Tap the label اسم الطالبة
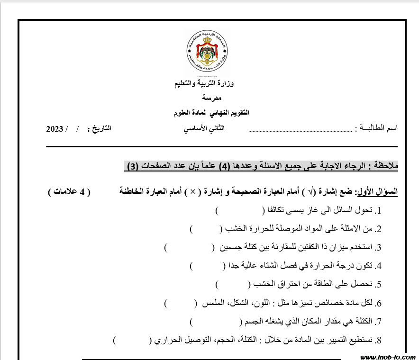point(377,129)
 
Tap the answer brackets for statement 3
point(189,247)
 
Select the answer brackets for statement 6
point(180,303)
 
